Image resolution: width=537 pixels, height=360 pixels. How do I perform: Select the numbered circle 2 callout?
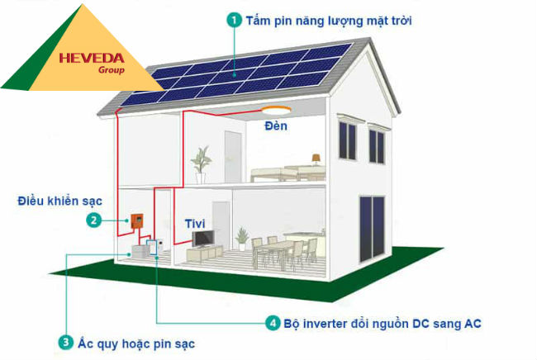click(95, 220)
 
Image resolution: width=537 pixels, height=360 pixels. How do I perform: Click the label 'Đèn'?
click(274, 126)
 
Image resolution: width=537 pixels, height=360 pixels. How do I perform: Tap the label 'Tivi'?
click(196, 223)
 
